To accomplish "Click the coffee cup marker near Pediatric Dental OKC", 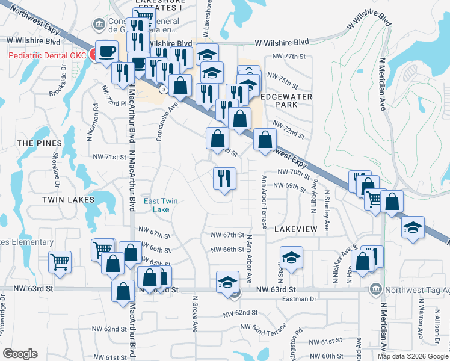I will (108, 51).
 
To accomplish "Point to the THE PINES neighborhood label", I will (39, 143).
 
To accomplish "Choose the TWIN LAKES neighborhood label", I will (68, 199).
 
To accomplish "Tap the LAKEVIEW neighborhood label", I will (295, 230).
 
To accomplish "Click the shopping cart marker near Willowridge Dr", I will (60, 261).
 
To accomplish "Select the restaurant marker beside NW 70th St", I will (225, 178).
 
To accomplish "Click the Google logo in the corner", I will (20, 353).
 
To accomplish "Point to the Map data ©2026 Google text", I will (412, 356).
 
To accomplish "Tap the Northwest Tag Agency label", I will (416, 289).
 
